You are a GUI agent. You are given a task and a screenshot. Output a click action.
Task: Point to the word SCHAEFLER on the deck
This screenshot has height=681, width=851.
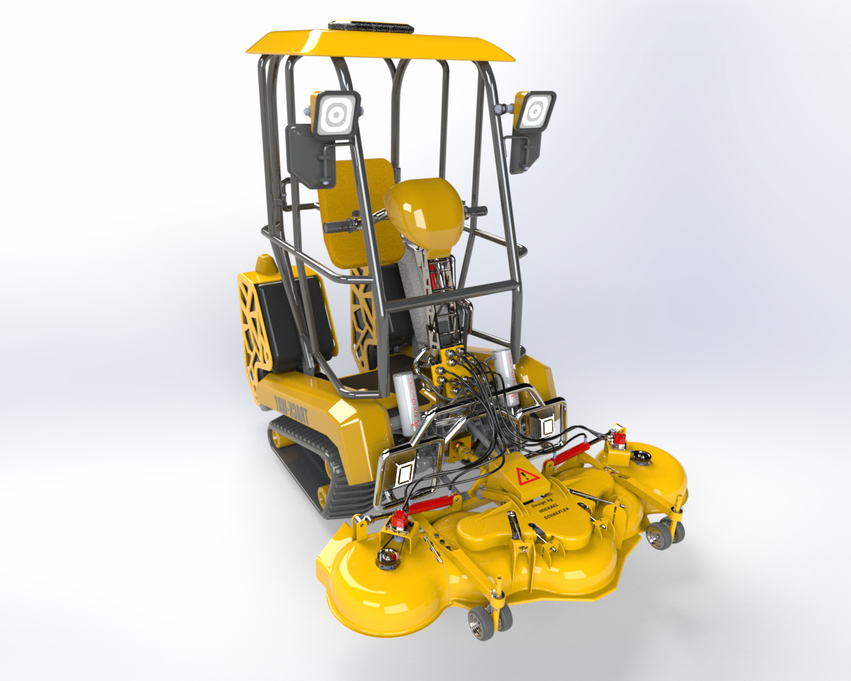[557, 514]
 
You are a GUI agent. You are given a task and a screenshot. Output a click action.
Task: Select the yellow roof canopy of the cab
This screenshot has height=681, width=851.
[378, 45]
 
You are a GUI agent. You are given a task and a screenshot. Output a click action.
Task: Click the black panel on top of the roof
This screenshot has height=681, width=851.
[371, 27]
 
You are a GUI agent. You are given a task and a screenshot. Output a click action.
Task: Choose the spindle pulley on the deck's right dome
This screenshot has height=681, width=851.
[642, 454]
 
